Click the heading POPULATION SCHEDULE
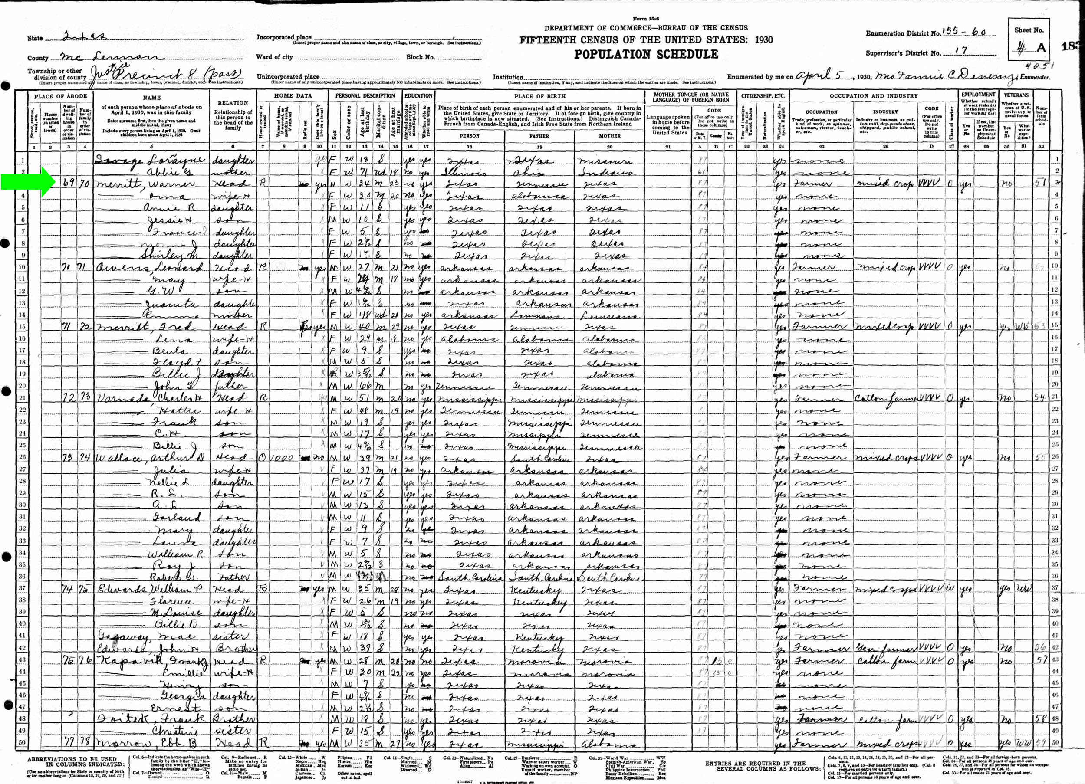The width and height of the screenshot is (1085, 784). click(646, 55)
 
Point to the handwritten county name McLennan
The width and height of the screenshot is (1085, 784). click(112, 56)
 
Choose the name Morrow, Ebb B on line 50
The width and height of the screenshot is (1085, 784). click(146, 743)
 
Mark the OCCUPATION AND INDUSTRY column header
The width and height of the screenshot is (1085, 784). click(874, 96)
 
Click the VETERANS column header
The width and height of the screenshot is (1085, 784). click(1016, 95)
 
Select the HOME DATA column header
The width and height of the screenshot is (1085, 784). click(293, 96)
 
